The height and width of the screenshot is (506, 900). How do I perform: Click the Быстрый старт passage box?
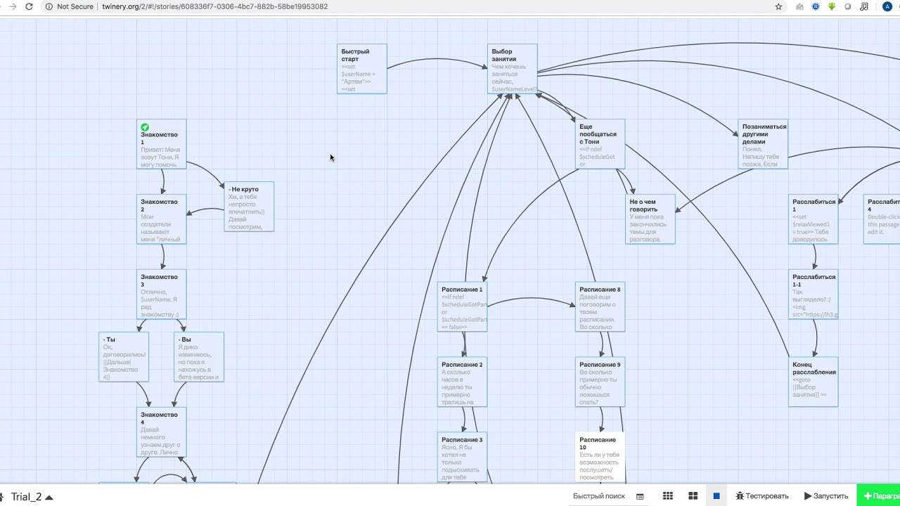[361, 69]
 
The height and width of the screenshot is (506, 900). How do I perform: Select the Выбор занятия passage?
[512, 69]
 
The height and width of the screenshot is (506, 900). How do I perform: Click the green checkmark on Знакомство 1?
[145, 127]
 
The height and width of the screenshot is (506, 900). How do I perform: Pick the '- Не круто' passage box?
[249, 207]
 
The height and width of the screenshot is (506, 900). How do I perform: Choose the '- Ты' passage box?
[124, 357]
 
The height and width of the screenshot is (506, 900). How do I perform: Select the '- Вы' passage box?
[199, 357]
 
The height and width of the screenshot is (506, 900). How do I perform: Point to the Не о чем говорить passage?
[650, 219]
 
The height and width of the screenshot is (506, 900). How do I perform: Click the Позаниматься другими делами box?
[763, 145]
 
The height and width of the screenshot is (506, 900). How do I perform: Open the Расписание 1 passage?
[462, 307]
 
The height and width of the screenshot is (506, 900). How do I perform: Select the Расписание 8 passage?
[600, 307]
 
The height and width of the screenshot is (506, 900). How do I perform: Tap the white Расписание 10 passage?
[600, 457]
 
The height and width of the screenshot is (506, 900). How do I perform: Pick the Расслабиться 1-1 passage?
[814, 294]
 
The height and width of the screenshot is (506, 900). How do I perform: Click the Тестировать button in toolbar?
[762, 495]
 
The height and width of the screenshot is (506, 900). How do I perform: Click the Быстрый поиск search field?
[599, 495]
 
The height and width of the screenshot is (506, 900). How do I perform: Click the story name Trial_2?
[27, 497]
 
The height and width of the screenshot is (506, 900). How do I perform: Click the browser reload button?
[29, 6]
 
